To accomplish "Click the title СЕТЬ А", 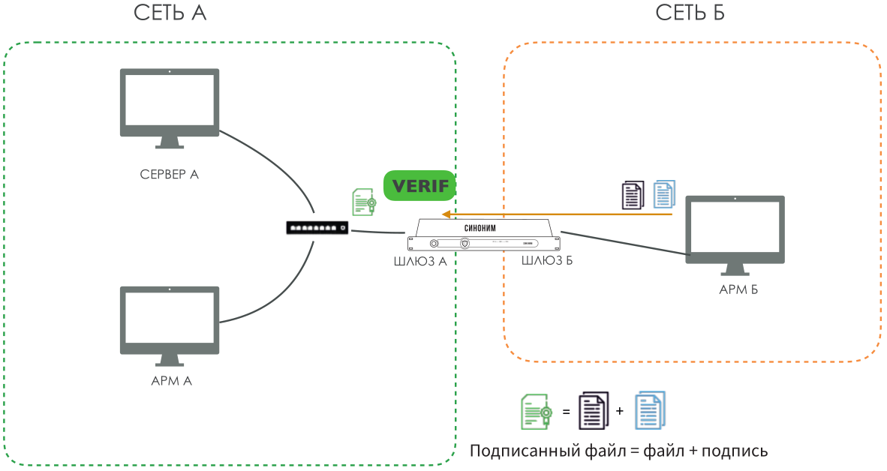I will [169, 13].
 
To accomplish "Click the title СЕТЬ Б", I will [690, 13].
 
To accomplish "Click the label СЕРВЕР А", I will [170, 175].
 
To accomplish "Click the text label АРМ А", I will [171, 380].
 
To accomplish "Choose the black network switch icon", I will [317, 227].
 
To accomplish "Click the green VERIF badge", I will [419, 186].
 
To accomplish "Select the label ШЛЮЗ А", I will [420, 262].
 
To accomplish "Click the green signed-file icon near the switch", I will [364, 202].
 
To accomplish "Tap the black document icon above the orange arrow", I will [633, 195].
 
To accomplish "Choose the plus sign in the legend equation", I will [619, 412].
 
